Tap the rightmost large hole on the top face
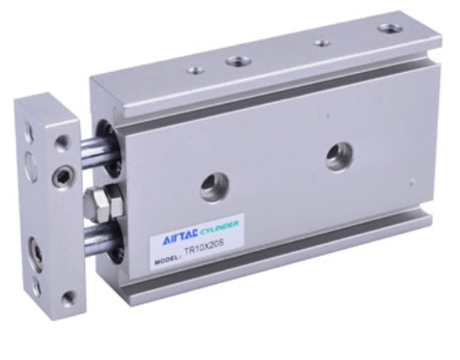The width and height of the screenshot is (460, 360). coord(391,29)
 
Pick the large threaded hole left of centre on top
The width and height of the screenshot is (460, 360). coord(237,61)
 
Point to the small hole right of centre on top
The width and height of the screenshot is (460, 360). coord(321,42)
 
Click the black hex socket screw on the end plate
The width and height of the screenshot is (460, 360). coord(63,173)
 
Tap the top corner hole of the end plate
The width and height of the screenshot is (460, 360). coord(62,141)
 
